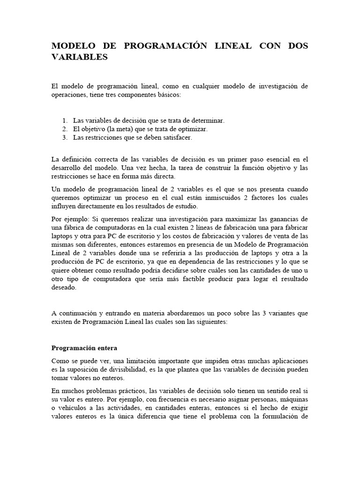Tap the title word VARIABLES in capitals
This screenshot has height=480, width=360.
click(x=79, y=58)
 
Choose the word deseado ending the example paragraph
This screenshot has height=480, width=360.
click(x=64, y=288)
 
